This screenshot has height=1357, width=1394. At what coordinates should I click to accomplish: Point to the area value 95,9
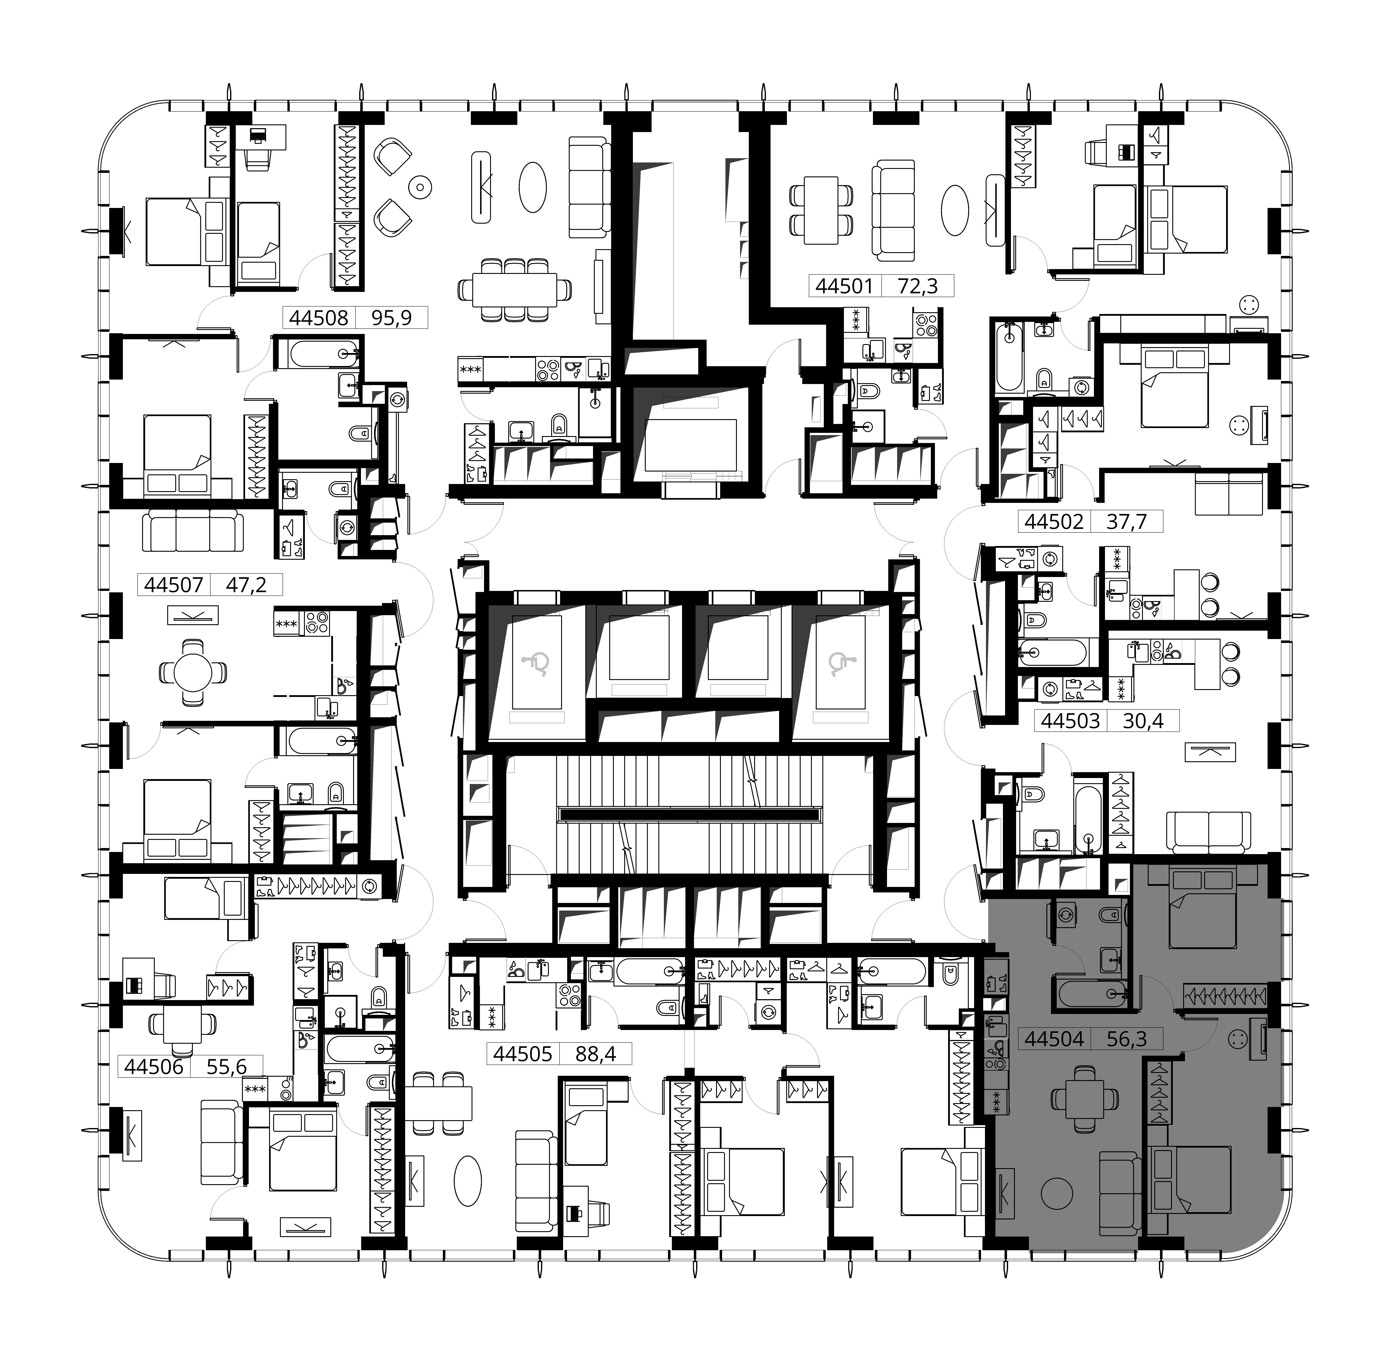tap(392, 317)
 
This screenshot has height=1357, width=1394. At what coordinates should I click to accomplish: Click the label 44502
tap(1054, 522)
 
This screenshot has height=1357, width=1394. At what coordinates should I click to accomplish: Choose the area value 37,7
tap(1127, 522)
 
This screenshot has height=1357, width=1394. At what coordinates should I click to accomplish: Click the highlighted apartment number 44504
tap(1054, 1038)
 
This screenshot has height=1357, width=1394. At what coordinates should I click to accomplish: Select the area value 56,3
tap(1127, 1038)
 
